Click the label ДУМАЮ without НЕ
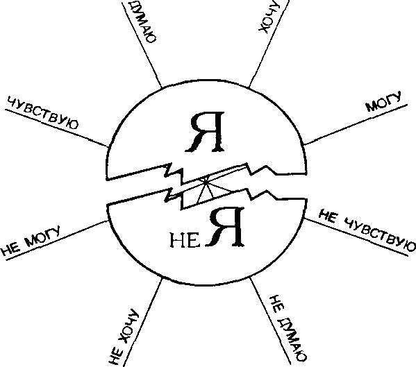tap(142, 21)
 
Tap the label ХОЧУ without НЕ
tap(269, 17)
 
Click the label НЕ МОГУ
tap(31, 241)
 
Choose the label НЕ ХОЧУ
tap(124, 338)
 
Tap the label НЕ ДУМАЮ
tap(288, 328)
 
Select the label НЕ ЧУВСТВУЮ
tap(367, 230)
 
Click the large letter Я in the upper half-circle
tap(205, 132)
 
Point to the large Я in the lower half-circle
tap(226, 228)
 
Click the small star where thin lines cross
tap(205, 180)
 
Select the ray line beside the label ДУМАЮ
tap(142, 45)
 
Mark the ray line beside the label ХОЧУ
tap(269, 44)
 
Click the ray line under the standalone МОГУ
tap(356, 125)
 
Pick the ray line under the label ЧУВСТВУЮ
tap(56, 128)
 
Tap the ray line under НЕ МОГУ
tap(57, 240)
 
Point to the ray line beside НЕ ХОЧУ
tap(142, 322)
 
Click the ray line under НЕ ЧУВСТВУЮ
tap(356, 237)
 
